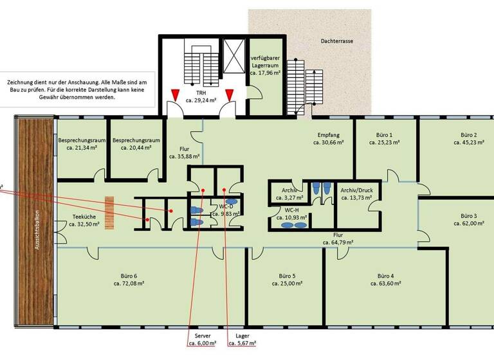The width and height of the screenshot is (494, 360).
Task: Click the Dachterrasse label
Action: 338,41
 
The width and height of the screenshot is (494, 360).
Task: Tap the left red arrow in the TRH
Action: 175,96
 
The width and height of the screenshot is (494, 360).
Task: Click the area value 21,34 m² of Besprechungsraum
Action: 82,148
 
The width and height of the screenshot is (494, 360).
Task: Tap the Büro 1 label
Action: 385,135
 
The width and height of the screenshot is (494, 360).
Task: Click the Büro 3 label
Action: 469,215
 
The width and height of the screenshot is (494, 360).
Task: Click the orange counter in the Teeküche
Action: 110,212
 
